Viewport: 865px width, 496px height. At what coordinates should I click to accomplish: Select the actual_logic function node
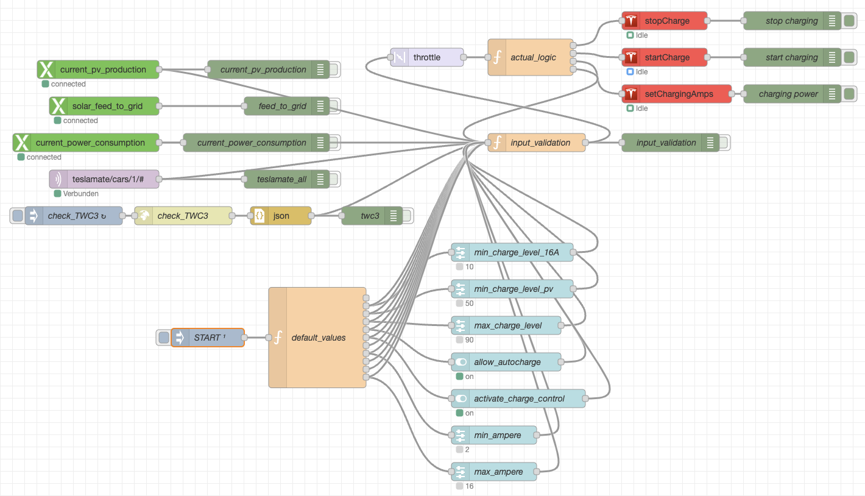(x=531, y=57)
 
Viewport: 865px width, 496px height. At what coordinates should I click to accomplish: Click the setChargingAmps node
(x=677, y=94)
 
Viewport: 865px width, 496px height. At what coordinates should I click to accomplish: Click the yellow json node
(x=281, y=216)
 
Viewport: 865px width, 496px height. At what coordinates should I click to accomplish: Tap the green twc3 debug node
(x=372, y=216)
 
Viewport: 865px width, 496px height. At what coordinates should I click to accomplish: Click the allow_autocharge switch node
(x=506, y=362)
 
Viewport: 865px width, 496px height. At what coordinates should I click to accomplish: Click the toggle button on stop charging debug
(x=849, y=21)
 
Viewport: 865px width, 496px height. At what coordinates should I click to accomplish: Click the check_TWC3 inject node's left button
(x=17, y=216)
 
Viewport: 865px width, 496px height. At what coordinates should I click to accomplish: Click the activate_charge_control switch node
(x=518, y=399)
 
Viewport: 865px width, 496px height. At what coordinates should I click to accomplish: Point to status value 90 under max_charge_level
(x=469, y=340)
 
